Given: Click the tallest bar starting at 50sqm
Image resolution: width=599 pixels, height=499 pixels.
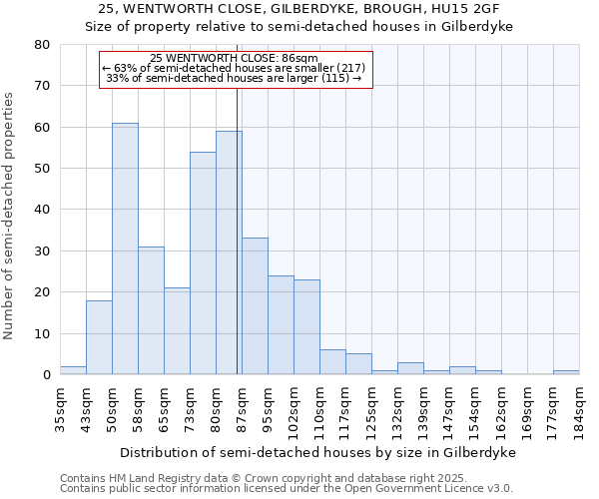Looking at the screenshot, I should coord(125,249).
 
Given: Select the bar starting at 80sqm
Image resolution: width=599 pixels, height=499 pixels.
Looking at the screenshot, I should coord(229,253).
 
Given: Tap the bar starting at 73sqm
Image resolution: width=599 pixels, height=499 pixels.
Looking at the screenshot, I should coord(203,263).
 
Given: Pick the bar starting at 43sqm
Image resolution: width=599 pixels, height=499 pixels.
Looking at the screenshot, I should coord(99,337).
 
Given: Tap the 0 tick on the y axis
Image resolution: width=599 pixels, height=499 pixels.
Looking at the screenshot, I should coord(46,375).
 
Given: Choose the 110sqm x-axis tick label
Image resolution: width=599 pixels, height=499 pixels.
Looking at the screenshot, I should coord(319,410).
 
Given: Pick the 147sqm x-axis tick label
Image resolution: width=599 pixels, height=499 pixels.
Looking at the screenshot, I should coord(449,410).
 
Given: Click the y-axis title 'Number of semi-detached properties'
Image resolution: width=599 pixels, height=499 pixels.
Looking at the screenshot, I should coord(10,216).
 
